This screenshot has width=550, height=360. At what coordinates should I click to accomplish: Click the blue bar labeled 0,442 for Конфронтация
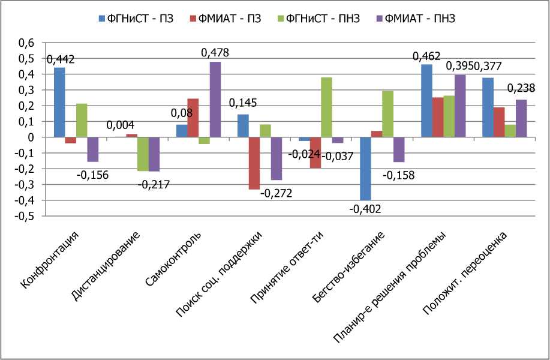coord(59,102)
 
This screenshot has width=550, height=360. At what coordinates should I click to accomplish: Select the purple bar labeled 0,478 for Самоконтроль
coord(215,99)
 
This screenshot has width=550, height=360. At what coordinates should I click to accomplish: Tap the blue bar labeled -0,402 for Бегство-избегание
coord(365,169)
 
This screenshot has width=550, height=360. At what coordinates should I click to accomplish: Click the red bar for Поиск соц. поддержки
coord(254,163)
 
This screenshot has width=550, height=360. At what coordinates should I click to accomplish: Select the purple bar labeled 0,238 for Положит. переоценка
coord(521,118)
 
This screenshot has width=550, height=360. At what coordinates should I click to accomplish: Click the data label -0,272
coord(275,194)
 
